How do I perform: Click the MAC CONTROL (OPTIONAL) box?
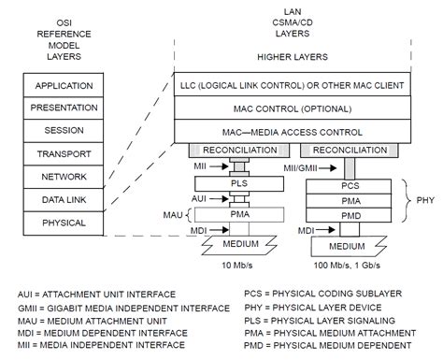tap(293, 108)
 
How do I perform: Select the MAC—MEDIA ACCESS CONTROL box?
tap(293, 132)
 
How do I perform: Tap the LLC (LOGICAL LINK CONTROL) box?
tap(293, 85)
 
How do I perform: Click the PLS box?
tap(240, 184)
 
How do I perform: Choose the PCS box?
tap(350, 184)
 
